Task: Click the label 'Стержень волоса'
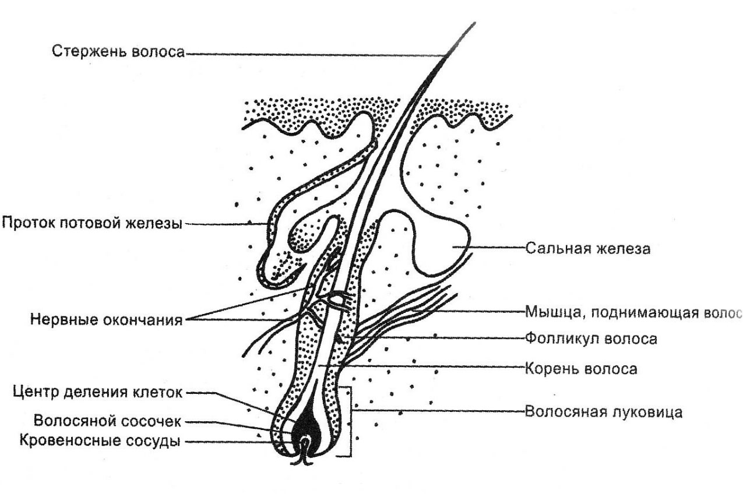click(118, 52)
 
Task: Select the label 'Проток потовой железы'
click(92, 223)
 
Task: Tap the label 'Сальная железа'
click(588, 248)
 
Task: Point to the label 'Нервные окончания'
click(107, 320)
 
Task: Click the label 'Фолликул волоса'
click(591, 339)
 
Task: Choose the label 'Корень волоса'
click(581, 369)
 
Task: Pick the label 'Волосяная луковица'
click(604, 412)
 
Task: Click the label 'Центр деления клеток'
click(98, 392)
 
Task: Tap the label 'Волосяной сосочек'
click(107, 421)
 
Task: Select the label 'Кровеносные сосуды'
click(100, 441)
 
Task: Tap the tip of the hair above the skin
click(475, 23)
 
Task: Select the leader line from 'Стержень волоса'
click(315, 54)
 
